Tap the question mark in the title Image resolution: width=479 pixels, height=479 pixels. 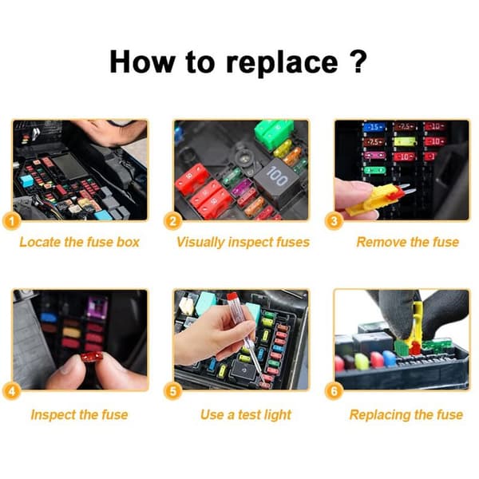357,61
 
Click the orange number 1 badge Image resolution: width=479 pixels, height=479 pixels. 12,221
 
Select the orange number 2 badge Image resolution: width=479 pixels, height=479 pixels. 173,221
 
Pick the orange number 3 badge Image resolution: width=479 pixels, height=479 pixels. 334,221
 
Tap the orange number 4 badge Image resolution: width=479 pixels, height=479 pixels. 12,391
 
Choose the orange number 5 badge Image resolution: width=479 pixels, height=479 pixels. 173,391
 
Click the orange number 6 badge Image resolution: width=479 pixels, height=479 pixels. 334,391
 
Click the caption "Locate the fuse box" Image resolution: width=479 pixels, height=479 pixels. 79,242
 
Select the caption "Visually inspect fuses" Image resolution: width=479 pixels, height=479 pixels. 243,243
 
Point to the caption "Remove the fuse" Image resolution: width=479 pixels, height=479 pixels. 407,242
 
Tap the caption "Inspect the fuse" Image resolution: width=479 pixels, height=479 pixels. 79,415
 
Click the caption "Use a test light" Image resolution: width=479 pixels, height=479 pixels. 246,415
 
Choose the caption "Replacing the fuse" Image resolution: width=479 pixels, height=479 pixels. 406,415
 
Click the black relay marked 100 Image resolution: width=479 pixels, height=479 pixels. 274,180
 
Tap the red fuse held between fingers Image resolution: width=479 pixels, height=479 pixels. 92,357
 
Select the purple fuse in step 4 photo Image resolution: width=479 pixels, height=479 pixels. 97,307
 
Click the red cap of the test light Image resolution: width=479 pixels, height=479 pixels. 233,297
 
